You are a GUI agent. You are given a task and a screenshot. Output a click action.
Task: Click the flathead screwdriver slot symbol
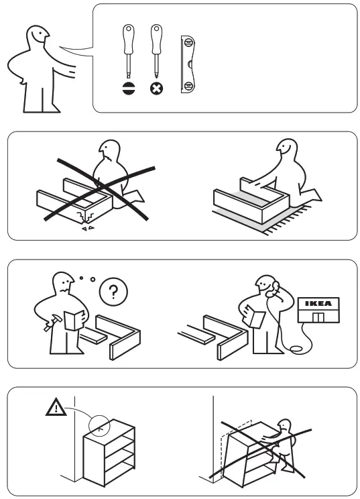pos(129,88)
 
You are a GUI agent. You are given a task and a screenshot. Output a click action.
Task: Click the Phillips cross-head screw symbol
pos(157,88)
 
